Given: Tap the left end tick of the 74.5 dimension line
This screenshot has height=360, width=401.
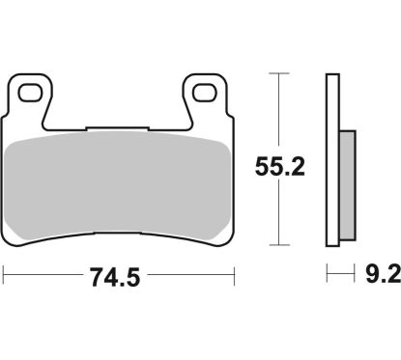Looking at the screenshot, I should pos(4,278).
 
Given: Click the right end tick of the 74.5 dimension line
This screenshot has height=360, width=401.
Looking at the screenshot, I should pos(236,278).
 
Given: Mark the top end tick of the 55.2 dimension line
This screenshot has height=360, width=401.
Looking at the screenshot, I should pos(279,72).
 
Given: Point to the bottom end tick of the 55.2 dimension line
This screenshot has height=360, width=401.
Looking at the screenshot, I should pos(279,245).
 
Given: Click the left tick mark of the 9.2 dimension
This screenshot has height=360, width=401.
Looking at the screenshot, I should pos(329,278).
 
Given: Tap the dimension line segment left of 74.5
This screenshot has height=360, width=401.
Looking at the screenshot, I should pos(43,278).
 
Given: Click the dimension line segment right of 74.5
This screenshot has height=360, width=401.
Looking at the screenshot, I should pos(193,278).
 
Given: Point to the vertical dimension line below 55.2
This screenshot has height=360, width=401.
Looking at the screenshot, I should pos(279,212).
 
